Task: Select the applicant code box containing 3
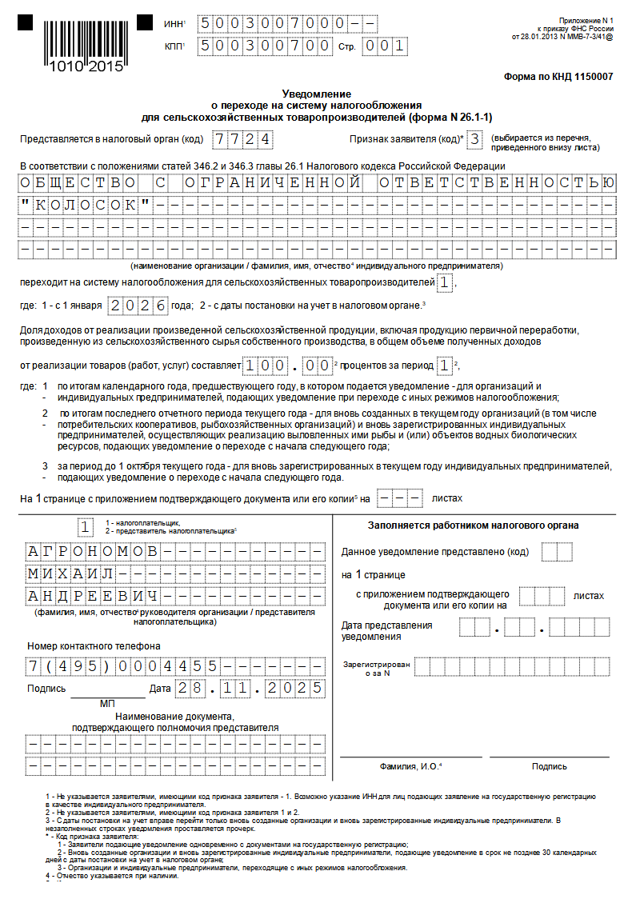pos(475,140)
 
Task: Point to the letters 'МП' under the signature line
pos(108,704)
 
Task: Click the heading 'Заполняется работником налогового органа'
pos(474,525)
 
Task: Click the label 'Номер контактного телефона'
pos(94,645)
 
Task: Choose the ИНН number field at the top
pos(287,23)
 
